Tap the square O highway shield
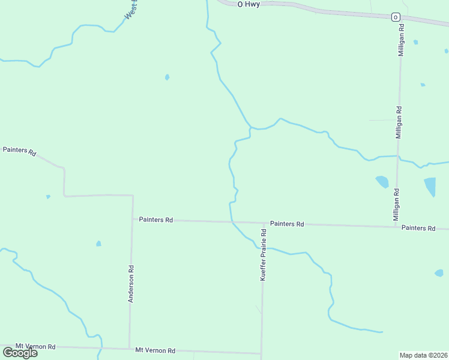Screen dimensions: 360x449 (396, 17)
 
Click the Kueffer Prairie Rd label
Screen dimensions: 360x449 (263, 255)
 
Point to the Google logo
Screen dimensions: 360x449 (20, 353)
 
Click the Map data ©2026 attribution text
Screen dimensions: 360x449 (423, 355)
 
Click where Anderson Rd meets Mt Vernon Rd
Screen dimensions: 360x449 (129, 349)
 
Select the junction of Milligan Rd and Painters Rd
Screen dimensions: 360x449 (397, 227)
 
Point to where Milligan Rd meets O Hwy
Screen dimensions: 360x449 (401, 19)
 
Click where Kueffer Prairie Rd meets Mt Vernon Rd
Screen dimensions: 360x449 (261, 353)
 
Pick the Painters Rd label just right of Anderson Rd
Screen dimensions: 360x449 (156, 220)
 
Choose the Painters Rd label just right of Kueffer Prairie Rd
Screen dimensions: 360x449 (287, 224)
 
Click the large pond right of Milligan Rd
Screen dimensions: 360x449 (430, 187)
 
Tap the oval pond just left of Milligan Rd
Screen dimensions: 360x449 (382, 181)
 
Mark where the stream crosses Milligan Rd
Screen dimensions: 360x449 (399, 157)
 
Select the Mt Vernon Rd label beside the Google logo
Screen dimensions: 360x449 (35, 347)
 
